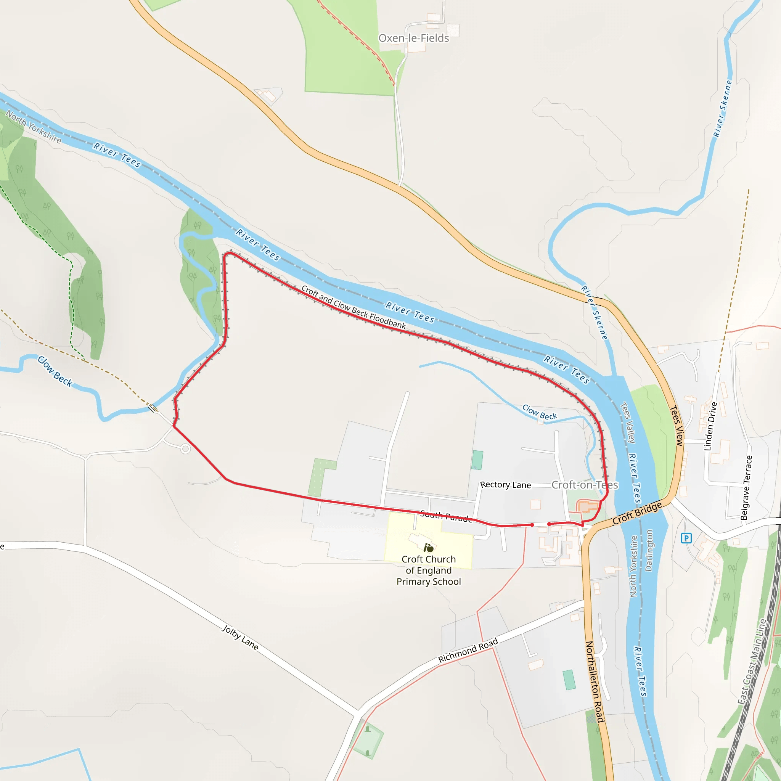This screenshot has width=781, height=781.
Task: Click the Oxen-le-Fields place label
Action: tap(413, 38)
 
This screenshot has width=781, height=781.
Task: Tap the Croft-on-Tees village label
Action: tap(585, 485)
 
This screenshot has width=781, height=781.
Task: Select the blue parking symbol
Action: tap(686, 538)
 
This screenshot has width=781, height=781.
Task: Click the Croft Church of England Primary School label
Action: tap(429, 570)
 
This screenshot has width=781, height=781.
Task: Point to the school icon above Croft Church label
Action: tap(428, 548)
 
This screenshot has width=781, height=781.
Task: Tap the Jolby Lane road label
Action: tap(240, 638)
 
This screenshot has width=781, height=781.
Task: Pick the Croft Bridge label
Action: tap(637, 513)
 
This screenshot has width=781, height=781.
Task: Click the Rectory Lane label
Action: tap(505, 485)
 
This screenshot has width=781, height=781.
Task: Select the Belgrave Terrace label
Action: tap(746, 487)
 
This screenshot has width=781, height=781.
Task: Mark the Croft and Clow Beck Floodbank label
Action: tap(353, 307)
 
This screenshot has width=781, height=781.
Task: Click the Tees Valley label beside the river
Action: tap(628, 423)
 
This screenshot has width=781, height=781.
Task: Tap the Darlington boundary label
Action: tap(649, 550)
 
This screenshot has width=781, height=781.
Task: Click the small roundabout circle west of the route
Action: tap(186, 449)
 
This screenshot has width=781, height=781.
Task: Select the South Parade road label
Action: tap(446, 516)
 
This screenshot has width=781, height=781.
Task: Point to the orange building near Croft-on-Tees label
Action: tap(587, 506)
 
